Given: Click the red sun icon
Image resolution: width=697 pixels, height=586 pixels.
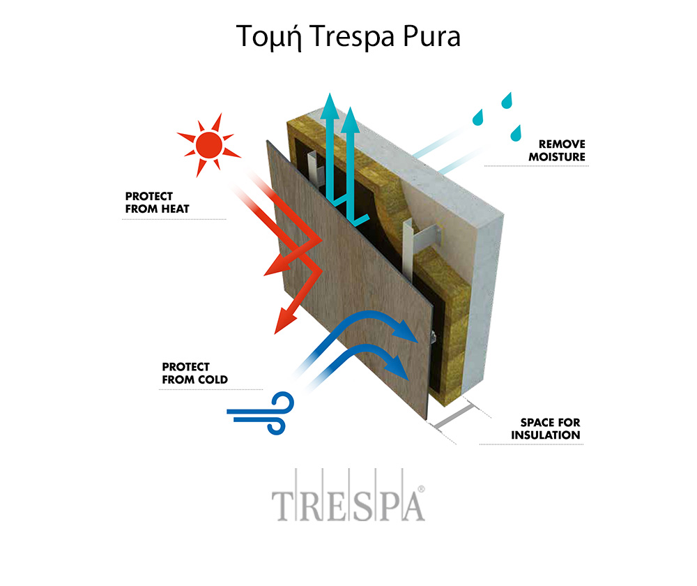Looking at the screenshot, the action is point(208,144).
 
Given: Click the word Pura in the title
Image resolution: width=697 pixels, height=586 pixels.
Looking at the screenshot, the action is point(431,36).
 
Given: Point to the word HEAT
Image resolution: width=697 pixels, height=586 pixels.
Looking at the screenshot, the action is point(171,209).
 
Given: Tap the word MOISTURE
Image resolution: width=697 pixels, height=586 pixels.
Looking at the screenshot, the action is point(556,157).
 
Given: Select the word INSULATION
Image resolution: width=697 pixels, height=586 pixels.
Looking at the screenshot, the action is point(546,435).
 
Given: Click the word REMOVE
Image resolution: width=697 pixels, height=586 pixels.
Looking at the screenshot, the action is point(562,144).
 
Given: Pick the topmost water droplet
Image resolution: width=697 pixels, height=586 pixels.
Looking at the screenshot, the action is point(507,101).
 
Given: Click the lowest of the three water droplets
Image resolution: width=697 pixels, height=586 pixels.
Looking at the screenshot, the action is point(516,133).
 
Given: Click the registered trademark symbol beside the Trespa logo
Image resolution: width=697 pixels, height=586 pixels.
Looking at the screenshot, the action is point(422,489).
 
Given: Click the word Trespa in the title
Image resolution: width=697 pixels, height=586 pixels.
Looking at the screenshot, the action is point(353,36).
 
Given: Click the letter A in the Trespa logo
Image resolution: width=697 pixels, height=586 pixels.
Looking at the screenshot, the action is point(413,506).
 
